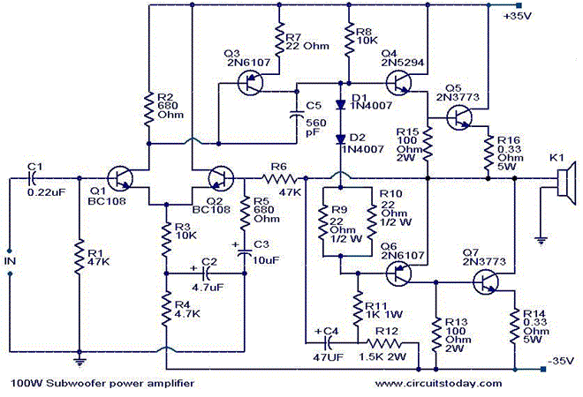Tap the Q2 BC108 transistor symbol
(220, 180)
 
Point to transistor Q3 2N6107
(253, 85)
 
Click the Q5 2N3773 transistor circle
(458, 116)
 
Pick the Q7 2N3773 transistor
(485, 282)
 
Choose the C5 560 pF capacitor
(298, 113)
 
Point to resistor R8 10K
(349, 42)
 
